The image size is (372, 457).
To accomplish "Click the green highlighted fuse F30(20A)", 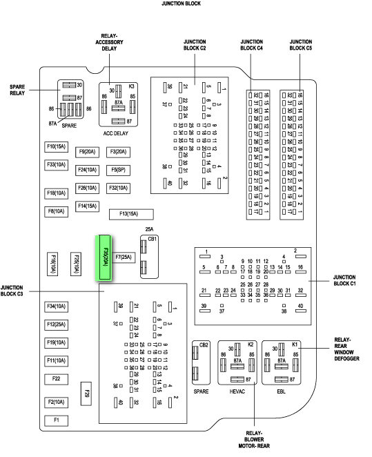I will (105, 257).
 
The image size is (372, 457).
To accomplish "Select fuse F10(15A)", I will (56, 146).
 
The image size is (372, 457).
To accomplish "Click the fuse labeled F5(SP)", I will (118, 169).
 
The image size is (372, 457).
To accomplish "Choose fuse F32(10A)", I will (118, 187).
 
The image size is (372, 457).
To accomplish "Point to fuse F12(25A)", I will (56, 324).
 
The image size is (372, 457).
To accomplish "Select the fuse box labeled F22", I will (56, 378).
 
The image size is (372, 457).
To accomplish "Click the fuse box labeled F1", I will (56, 420).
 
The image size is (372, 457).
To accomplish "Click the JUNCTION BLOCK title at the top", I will (182, 3).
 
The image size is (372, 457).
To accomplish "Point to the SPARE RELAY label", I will (17, 90).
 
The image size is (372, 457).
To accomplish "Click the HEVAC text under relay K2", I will (237, 391).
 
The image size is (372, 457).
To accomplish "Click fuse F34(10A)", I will (56, 307).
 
